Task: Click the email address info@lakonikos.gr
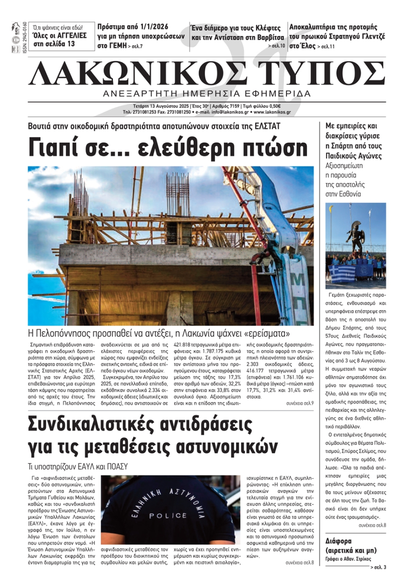pyautogui.click(x=230, y=112)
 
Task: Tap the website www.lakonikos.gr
pyautogui.click(x=272, y=112)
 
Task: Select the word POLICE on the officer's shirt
pyautogui.click(x=168, y=516)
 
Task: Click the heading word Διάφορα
pyautogui.click(x=339, y=541)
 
